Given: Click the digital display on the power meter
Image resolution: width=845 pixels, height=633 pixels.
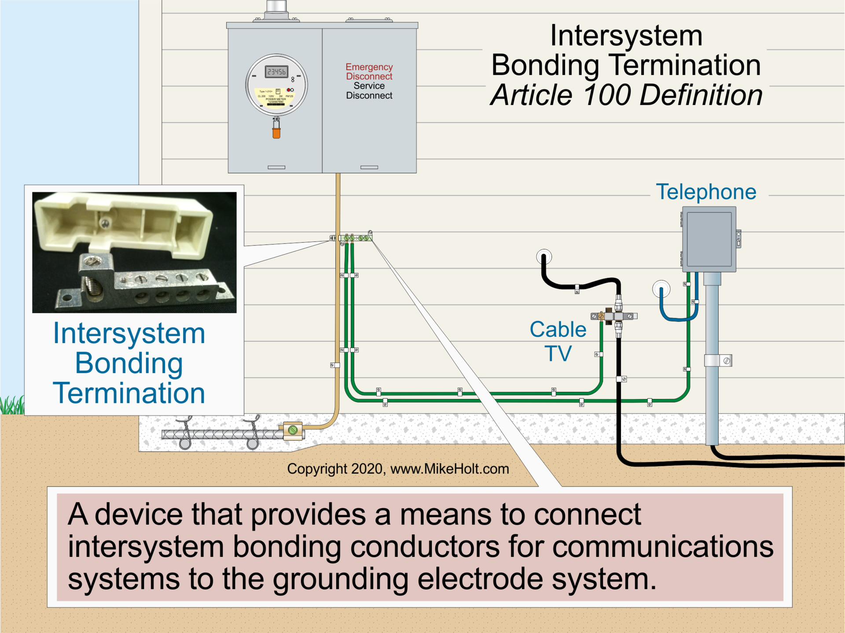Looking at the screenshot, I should click(x=276, y=72).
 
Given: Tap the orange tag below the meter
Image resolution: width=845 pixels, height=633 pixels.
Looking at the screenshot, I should click(x=276, y=132).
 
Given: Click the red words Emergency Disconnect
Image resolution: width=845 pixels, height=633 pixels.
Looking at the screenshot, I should click(x=369, y=72).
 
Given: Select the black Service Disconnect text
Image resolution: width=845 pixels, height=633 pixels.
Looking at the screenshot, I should click(x=369, y=91).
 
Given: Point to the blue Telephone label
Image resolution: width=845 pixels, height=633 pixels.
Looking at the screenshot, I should click(x=706, y=192).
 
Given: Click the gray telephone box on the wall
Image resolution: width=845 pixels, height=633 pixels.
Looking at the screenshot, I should click(x=709, y=239).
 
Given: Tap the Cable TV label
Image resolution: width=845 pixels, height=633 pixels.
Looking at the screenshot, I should click(x=558, y=341).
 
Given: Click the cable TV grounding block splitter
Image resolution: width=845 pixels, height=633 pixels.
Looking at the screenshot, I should click(x=614, y=316).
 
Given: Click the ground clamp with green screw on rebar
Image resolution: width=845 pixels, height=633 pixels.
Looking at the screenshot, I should click(x=293, y=430).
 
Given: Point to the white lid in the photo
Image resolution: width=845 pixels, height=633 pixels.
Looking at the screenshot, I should click(x=123, y=224).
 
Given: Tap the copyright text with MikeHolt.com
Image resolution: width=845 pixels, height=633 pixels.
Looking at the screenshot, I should click(x=398, y=469).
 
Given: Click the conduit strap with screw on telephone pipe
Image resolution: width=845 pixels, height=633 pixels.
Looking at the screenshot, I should click(x=718, y=361).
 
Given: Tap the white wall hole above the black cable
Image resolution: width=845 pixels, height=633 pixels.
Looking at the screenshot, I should click(x=544, y=256).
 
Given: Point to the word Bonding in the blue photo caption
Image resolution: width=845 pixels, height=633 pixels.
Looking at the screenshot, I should click(x=129, y=363).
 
